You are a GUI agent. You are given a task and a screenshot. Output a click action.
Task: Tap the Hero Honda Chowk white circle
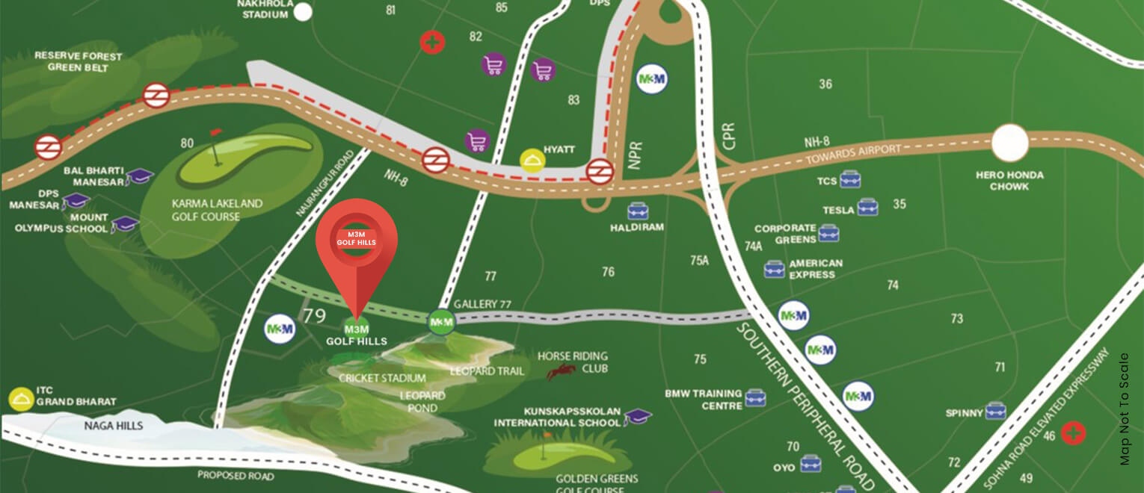point(1010,143)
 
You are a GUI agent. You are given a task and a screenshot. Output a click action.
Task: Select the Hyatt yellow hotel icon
point(532,161)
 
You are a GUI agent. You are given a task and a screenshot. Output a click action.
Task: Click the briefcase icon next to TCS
point(849,179)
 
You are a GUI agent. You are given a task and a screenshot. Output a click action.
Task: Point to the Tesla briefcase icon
point(867,207)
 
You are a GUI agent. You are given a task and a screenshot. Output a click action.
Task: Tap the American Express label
point(815,269)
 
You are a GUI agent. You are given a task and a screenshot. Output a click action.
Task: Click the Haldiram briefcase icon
point(637,211)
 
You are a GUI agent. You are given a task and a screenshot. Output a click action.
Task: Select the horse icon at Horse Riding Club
point(561,371)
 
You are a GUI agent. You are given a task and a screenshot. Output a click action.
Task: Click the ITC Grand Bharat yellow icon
point(20,400)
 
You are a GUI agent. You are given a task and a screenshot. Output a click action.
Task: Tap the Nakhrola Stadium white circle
point(303,12)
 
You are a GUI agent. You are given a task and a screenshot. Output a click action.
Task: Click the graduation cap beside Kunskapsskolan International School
point(637,417)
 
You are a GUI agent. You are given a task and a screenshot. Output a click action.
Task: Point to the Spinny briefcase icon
point(995,411)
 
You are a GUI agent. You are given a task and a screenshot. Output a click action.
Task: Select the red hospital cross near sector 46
point(1074,433)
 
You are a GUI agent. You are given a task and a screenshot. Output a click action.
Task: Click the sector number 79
point(314,316)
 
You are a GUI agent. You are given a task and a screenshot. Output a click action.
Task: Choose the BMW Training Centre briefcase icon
point(755,398)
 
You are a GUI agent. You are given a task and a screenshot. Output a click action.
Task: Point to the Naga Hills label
point(114,426)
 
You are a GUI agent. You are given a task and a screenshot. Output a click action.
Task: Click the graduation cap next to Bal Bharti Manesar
point(139,176)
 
